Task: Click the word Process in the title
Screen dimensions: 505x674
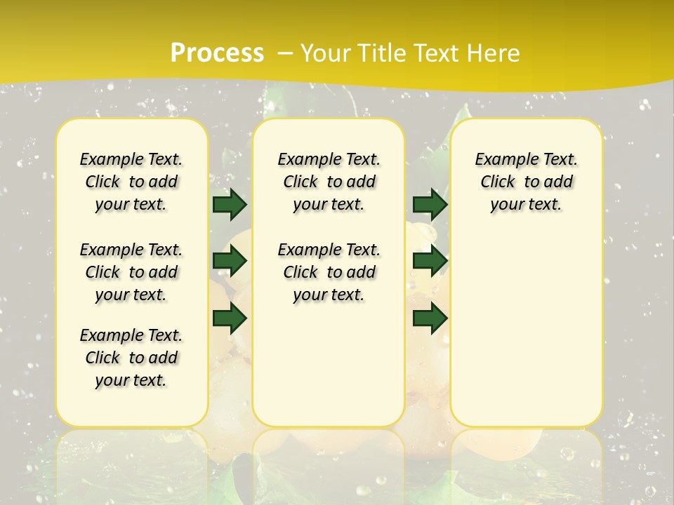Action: coord(217,53)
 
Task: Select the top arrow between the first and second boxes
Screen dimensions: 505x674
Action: coord(230,204)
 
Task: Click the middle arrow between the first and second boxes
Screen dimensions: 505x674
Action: coord(230,262)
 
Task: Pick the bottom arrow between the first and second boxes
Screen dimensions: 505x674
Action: coord(230,318)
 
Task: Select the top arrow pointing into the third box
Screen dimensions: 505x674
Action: coord(430,204)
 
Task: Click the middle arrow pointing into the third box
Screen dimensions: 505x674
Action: coord(430,262)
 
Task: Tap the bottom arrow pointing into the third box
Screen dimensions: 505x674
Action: coord(430,318)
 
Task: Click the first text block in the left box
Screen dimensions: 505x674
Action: coord(131,182)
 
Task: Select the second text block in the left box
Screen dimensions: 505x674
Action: coord(131,272)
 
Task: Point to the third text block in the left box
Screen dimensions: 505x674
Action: coord(131,358)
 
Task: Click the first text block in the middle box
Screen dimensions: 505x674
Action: coord(329,182)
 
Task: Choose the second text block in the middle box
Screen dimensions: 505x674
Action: coord(329,272)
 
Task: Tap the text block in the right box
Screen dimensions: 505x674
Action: coord(526,182)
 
